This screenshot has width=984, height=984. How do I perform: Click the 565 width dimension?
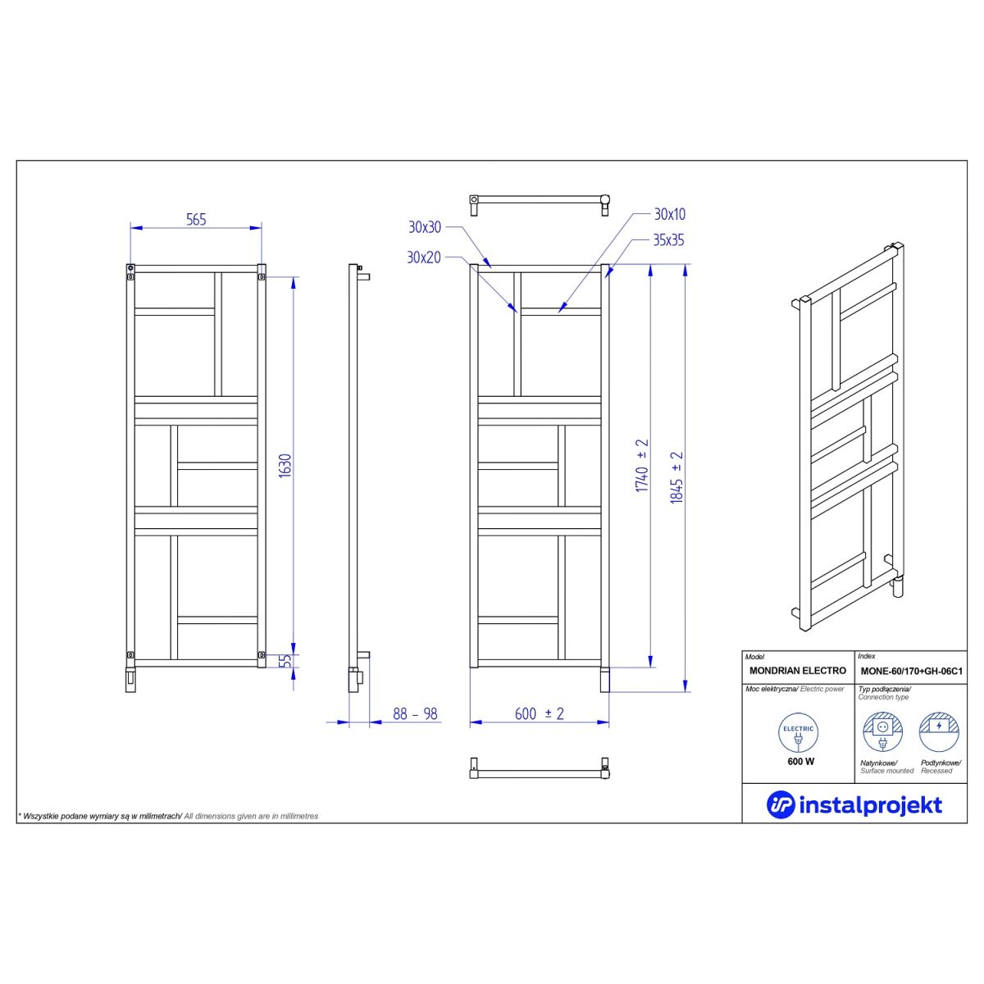(196, 220)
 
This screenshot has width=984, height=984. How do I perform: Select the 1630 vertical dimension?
(285, 466)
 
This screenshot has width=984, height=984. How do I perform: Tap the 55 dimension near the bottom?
(287, 660)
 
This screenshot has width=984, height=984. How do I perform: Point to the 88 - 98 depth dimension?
(415, 714)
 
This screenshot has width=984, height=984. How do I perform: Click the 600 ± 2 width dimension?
(540, 713)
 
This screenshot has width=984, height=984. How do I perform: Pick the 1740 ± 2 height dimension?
(642, 465)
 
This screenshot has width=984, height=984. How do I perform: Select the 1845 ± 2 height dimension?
(676, 477)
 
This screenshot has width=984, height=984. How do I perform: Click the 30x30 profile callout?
(424, 227)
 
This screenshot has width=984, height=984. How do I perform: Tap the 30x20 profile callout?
(423, 257)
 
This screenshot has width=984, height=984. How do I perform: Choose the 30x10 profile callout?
(669, 215)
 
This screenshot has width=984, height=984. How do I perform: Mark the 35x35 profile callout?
(668, 240)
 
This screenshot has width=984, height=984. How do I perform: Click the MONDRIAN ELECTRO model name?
(798, 671)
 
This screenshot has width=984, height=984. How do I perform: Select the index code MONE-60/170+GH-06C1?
(912, 671)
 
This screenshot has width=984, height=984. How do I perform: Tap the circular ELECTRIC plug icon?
(798, 733)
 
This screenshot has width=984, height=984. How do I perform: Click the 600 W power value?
(800, 761)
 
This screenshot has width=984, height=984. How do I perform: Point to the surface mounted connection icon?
(883, 732)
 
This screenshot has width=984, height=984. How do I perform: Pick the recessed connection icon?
(939, 732)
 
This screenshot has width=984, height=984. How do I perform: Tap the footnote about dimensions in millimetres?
(168, 816)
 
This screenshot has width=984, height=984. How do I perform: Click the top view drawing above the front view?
(540, 204)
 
